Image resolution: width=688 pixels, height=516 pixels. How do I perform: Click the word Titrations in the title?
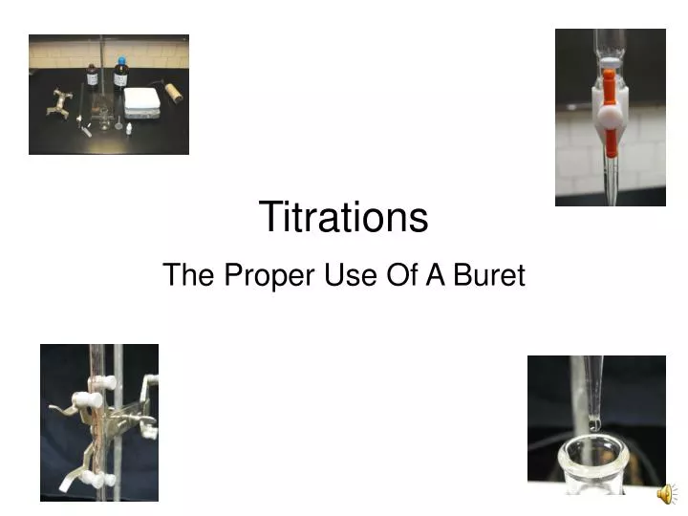pyautogui.click(x=343, y=217)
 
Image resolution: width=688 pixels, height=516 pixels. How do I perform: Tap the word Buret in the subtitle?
pyautogui.click(x=489, y=276)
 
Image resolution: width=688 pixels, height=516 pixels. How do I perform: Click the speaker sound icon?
pyautogui.click(x=665, y=494)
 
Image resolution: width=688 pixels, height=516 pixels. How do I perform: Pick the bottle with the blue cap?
pyautogui.click(x=120, y=76)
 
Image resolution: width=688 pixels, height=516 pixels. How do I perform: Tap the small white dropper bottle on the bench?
pyautogui.click(x=128, y=124)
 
